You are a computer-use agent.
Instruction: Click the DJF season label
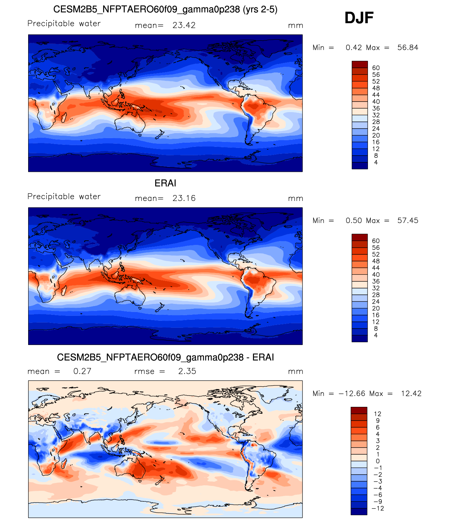coord(359,18)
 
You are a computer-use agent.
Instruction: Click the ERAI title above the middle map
coord(165,183)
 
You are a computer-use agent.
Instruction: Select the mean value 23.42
coord(184,25)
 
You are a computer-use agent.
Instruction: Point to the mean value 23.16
coord(184,198)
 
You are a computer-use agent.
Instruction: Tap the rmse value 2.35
coord(187,371)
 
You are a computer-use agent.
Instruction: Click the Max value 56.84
coord(407,47)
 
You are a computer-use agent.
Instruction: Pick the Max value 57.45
coord(407,220)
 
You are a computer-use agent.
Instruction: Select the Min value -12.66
coord(352,394)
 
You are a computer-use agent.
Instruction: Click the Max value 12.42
coord(411,394)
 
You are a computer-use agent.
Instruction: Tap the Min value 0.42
coord(354,47)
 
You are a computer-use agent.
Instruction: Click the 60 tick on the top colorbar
coord(376,68)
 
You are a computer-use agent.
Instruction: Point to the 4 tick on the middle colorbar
coord(376,335)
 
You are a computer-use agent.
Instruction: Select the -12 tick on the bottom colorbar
coord(377,508)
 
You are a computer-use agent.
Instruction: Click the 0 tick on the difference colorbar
coord(377,461)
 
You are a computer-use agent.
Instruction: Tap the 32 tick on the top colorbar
coord(376,115)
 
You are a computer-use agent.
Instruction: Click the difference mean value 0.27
coord(82,371)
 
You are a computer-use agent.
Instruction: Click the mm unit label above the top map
coord(295,26)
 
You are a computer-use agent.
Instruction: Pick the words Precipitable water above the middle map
coord(64,196)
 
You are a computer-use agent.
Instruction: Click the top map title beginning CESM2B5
coord(165,9)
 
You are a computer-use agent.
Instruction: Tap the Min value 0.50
coord(354,220)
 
